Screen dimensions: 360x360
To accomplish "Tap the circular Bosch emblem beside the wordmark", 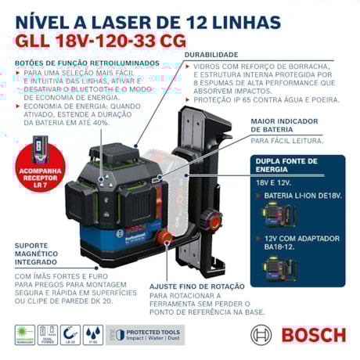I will pos(262,335).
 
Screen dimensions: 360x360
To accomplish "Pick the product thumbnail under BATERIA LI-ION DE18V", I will pos(283,217).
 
